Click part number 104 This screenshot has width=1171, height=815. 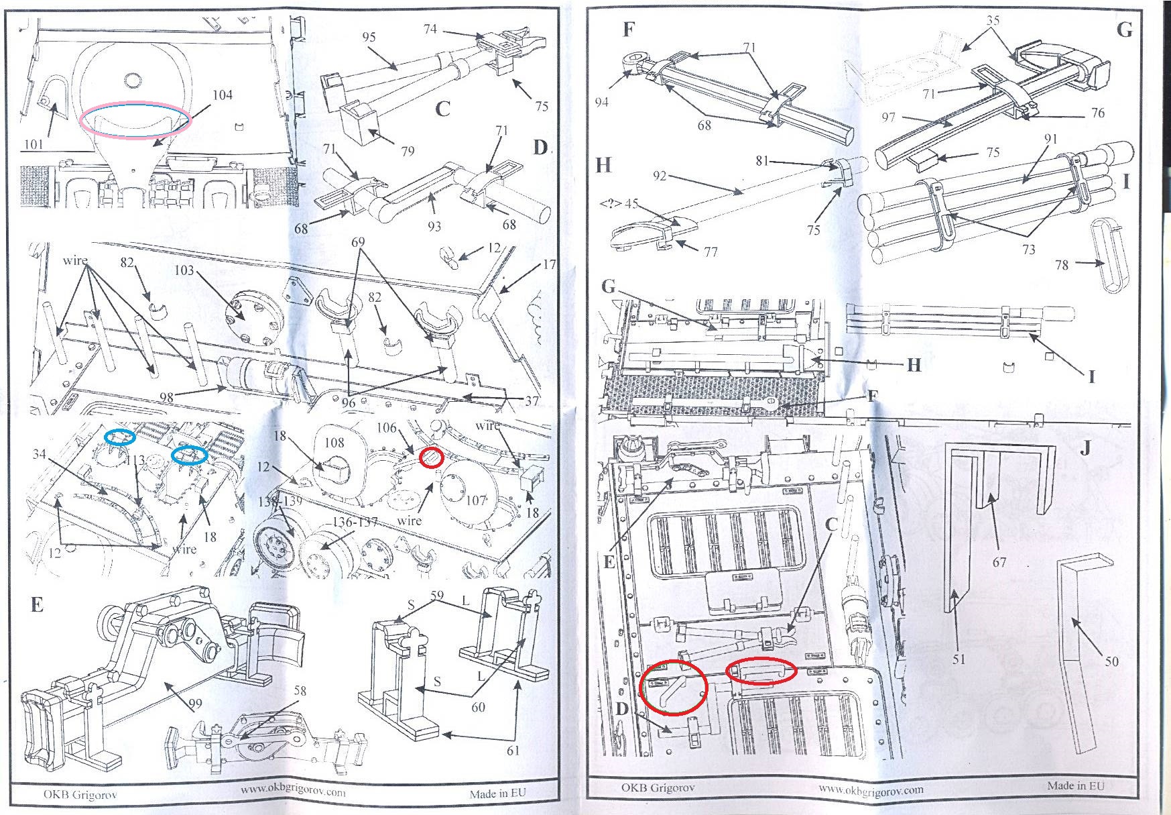(223, 95)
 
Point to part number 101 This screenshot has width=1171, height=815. (34, 144)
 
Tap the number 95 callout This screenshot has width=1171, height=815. (369, 38)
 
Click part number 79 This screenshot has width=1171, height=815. (408, 152)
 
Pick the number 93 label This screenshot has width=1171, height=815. (434, 226)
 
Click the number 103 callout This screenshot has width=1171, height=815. (184, 270)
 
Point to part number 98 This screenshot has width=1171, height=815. (166, 397)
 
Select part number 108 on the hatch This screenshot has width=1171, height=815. (334, 442)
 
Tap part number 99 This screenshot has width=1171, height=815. (195, 704)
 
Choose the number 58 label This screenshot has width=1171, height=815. (300, 691)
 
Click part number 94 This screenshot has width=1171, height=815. (601, 102)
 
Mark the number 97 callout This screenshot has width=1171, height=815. (888, 118)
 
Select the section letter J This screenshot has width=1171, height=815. (1085, 448)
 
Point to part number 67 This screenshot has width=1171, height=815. (999, 562)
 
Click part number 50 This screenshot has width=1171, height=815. (1112, 661)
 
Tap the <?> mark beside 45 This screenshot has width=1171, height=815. (611, 204)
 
